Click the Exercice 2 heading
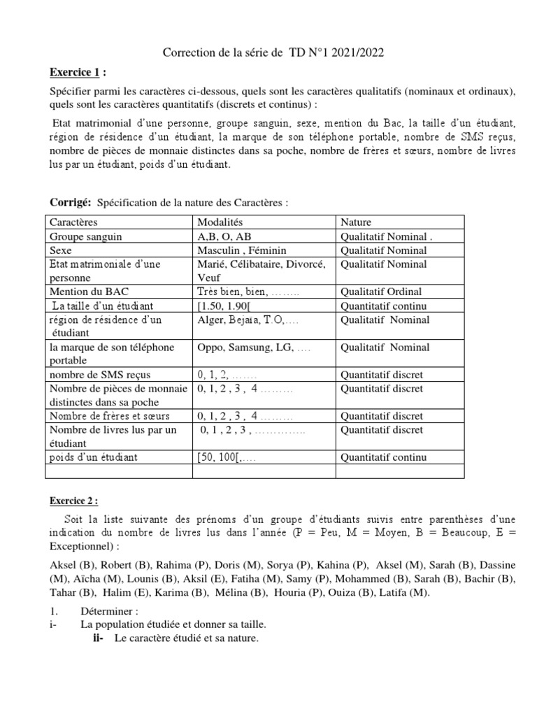pyautogui.click(x=73, y=501)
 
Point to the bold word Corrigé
pyautogui.click(x=71, y=202)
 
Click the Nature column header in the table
pyautogui.click(x=356, y=222)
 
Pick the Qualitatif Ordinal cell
pyautogui.click(x=381, y=292)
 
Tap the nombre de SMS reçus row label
pyautogui.click(x=99, y=375)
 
